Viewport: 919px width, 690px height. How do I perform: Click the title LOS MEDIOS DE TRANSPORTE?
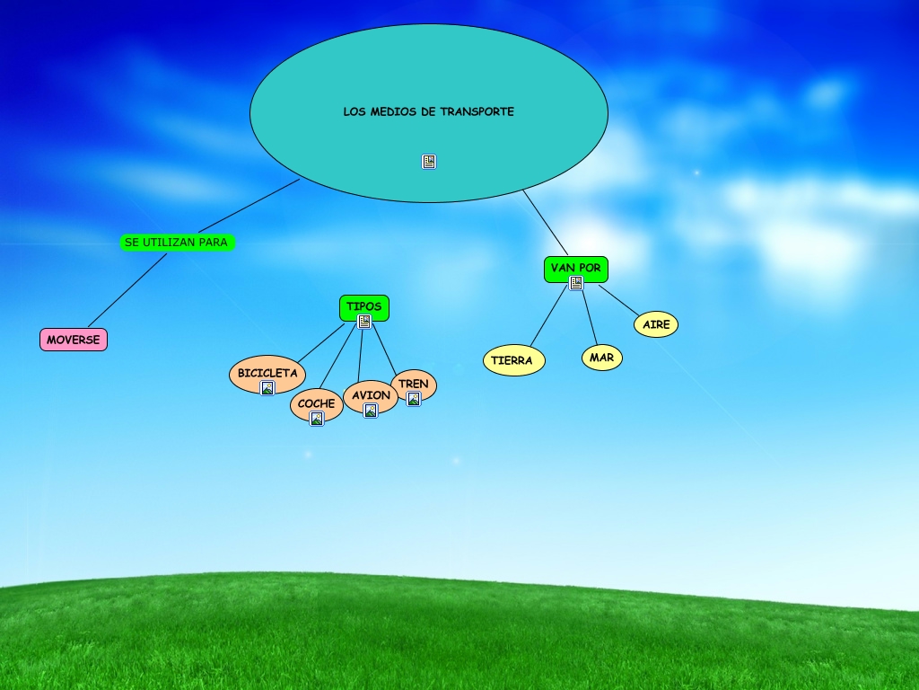(x=428, y=112)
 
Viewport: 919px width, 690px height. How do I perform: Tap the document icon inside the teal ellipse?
(x=429, y=162)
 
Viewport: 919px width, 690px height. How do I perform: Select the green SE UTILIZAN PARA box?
(x=177, y=243)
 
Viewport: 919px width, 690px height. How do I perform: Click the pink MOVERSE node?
(x=74, y=340)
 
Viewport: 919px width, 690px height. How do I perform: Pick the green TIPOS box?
(x=363, y=306)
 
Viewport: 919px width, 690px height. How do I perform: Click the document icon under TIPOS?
(x=364, y=322)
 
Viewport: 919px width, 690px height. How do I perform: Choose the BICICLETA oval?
(x=267, y=373)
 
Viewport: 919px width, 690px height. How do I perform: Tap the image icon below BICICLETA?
(x=267, y=388)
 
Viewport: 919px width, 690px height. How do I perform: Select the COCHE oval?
(x=316, y=403)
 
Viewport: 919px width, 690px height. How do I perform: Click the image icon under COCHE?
(x=316, y=419)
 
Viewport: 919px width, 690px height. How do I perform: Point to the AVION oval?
(x=371, y=395)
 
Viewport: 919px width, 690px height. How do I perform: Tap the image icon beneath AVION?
(x=371, y=411)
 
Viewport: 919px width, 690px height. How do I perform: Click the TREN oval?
(x=414, y=384)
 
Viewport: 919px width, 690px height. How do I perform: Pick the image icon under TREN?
(x=414, y=399)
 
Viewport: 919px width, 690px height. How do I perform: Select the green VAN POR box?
(x=575, y=268)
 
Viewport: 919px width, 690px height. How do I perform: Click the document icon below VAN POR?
(x=576, y=283)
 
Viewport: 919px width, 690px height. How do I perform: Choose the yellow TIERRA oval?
(x=513, y=360)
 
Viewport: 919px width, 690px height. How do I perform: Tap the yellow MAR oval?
(x=601, y=358)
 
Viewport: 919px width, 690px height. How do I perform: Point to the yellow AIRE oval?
(x=656, y=324)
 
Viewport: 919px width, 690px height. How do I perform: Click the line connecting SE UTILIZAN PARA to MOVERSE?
(x=127, y=289)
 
